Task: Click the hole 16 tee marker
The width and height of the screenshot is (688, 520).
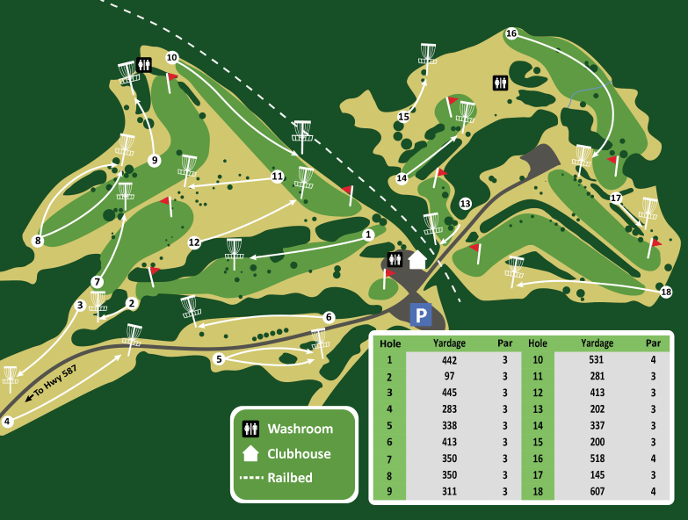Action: pyautogui.click(x=511, y=33)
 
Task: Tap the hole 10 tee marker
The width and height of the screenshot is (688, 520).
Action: pyautogui.click(x=172, y=58)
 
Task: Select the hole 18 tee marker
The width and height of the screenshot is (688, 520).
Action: pyautogui.click(x=665, y=292)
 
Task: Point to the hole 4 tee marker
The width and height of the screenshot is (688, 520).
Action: pyautogui.click(x=7, y=422)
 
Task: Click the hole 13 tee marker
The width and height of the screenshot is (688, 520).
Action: pyautogui.click(x=465, y=204)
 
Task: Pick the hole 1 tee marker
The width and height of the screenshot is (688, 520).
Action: pyautogui.click(x=369, y=235)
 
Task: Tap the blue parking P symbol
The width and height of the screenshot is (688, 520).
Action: pyautogui.click(x=422, y=314)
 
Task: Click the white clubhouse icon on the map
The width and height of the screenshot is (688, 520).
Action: pyautogui.click(x=417, y=259)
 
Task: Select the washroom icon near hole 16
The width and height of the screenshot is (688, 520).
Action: pyautogui.click(x=500, y=83)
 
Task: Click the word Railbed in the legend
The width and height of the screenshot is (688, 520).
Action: pyautogui.click(x=290, y=478)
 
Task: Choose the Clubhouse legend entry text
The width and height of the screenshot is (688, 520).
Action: pyautogui.click(x=299, y=454)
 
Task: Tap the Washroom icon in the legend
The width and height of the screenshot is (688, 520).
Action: pyautogui.click(x=251, y=429)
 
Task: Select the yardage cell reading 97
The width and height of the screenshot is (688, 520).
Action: pyautogui.click(x=450, y=376)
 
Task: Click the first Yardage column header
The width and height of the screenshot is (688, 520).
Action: pyautogui.click(x=450, y=343)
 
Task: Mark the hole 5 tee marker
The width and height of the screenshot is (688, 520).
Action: pyautogui.click(x=219, y=358)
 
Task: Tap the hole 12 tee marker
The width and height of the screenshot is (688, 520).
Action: pyautogui.click(x=194, y=242)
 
